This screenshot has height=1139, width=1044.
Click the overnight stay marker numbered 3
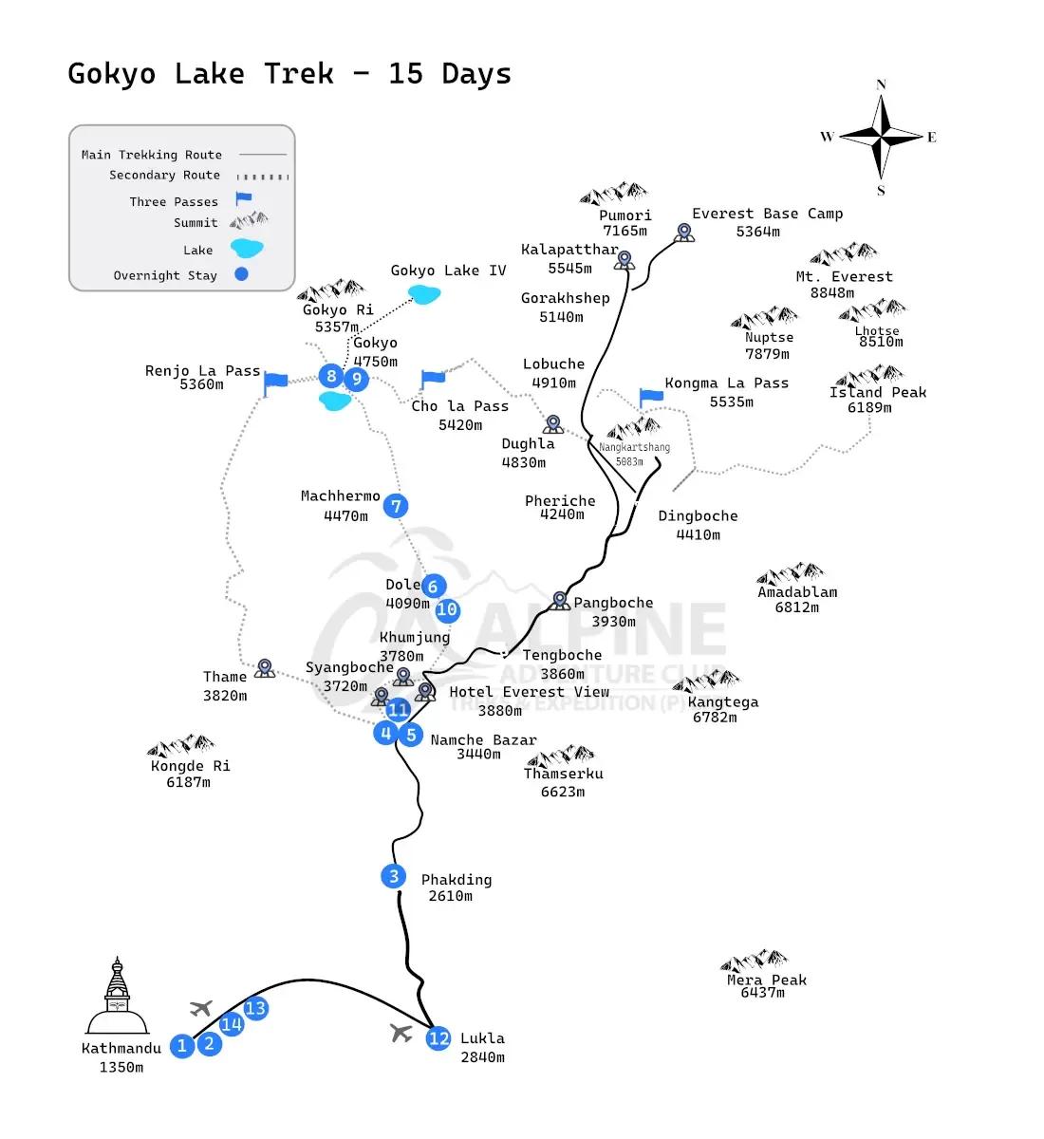click(394, 876)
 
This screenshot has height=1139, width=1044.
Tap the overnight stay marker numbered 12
click(438, 1038)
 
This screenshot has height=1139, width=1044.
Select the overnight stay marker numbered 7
click(396, 506)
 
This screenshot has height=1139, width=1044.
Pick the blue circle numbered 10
click(447, 610)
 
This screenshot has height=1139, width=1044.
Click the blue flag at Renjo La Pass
click(275, 382)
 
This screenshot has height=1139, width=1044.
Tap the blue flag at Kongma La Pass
click(650, 396)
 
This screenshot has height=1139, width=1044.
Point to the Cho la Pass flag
click(432, 379)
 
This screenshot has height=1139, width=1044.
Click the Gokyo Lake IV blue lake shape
click(424, 294)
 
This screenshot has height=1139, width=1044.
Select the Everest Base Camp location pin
click(683, 232)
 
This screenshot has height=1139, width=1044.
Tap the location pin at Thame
click(265, 668)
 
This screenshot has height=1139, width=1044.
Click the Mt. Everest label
click(844, 277)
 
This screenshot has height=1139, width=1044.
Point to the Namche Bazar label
click(483, 740)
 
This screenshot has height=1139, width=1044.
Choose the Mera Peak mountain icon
click(754, 960)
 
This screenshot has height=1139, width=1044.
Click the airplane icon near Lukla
click(401, 1032)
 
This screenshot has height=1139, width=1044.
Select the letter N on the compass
click(881, 84)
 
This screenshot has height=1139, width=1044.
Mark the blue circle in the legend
click(241, 275)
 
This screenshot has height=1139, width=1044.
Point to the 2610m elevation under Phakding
click(450, 896)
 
